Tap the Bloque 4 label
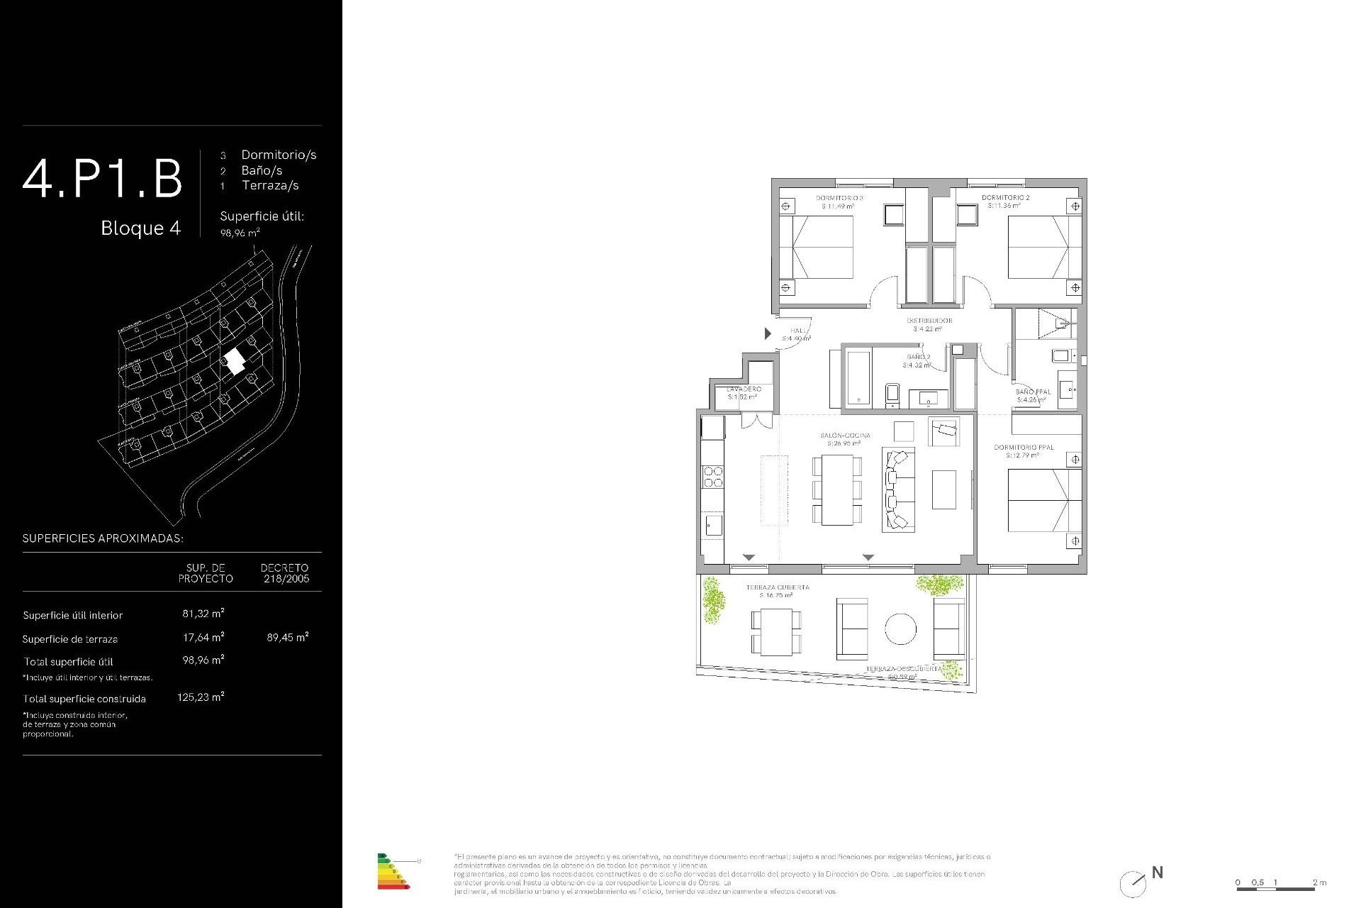click(x=140, y=228)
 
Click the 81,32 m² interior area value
click(x=203, y=614)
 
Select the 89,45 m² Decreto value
click(x=287, y=637)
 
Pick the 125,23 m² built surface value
click(x=201, y=697)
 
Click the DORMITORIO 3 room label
click(x=839, y=199)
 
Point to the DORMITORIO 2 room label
click(x=1005, y=198)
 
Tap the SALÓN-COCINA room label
click(x=845, y=436)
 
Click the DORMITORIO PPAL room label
click(x=1024, y=448)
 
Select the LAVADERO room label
click(x=744, y=389)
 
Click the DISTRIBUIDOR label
click(x=929, y=321)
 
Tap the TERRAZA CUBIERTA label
click(x=778, y=587)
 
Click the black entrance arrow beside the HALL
click(x=768, y=333)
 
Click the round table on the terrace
click(x=900, y=629)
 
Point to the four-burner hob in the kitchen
click(x=713, y=477)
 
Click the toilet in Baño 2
click(x=892, y=395)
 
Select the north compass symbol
click(x=1133, y=884)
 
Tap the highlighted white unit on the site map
click(x=234, y=362)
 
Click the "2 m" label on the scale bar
click(x=1319, y=882)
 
